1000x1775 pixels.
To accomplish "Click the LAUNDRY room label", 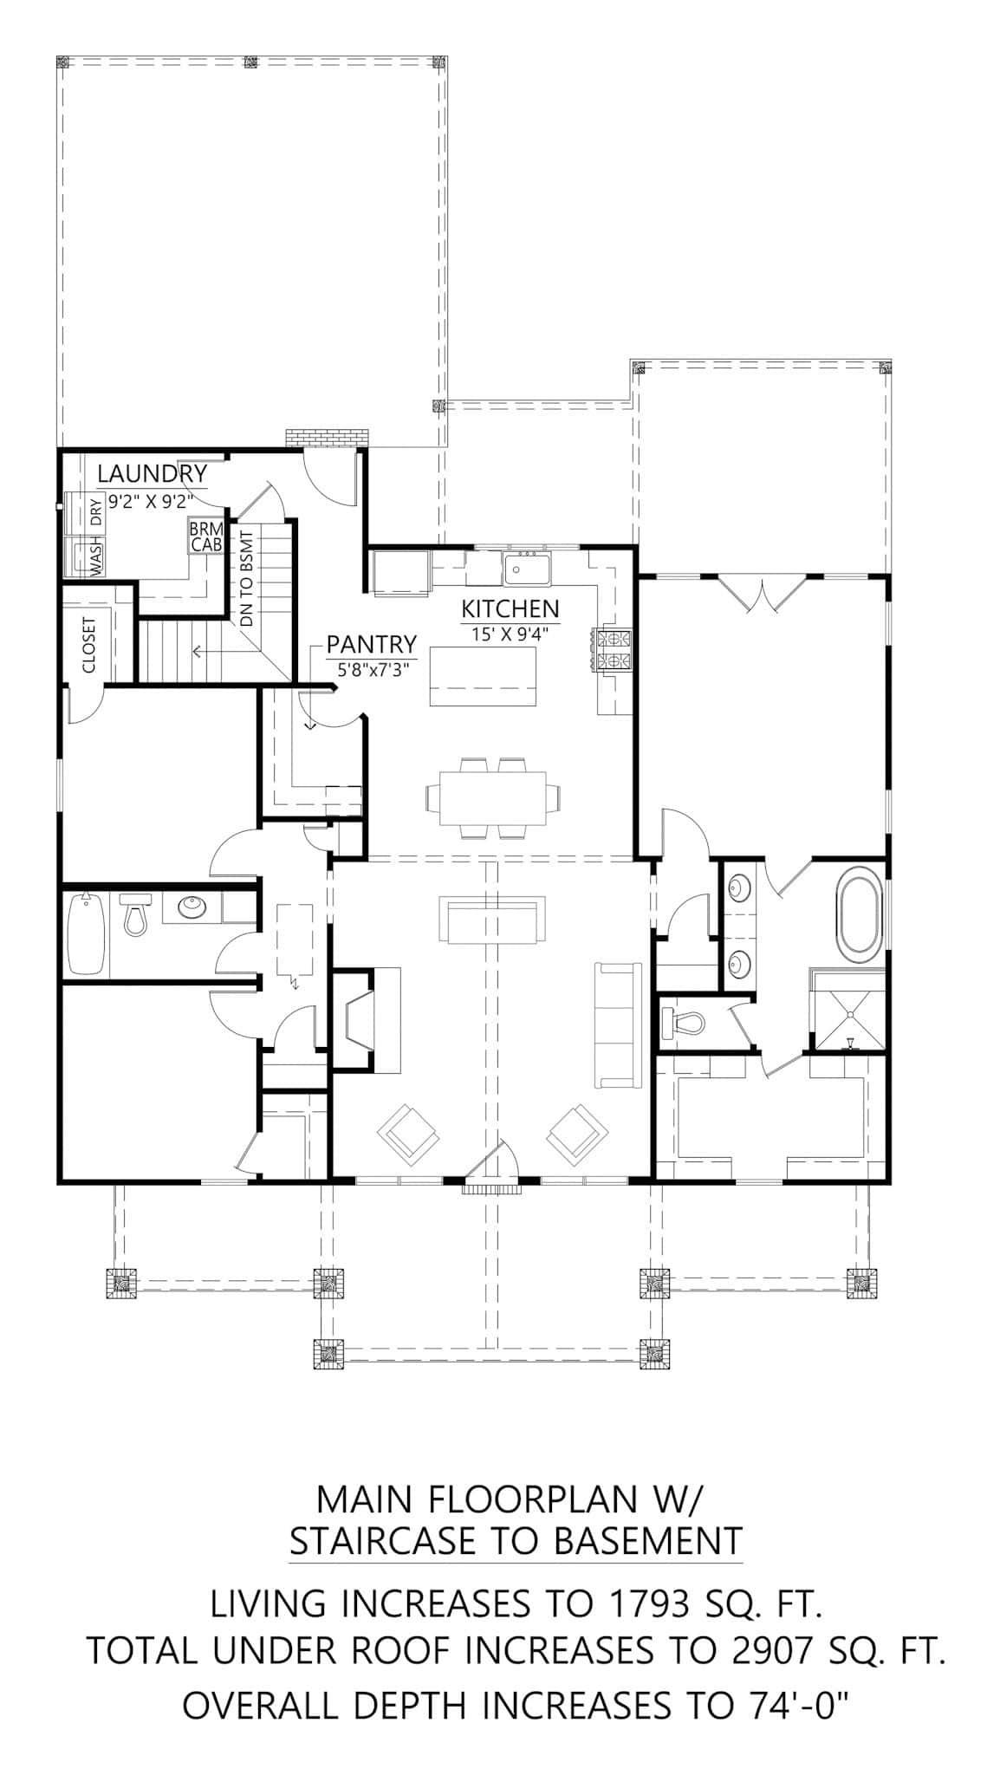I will pyautogui.click(x=152, y=474).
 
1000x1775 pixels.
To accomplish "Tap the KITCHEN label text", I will pyautogui.click(x=510, y=608).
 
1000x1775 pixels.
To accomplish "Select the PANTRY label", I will pyautogui.click(x=371, y=645).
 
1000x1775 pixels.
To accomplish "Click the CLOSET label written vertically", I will pyautogui.click(x=88, y=645).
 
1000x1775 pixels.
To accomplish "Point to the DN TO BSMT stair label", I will pyautogui.click(x=246, y=578).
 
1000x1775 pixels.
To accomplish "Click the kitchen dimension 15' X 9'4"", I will pyautogui.click(x=510, y=634).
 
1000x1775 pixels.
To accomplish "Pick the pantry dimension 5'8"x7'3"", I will pyautogui.click(x=373, y=670).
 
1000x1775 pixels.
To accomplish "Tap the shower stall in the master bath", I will pyautogui.click(x=848, y=1011).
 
